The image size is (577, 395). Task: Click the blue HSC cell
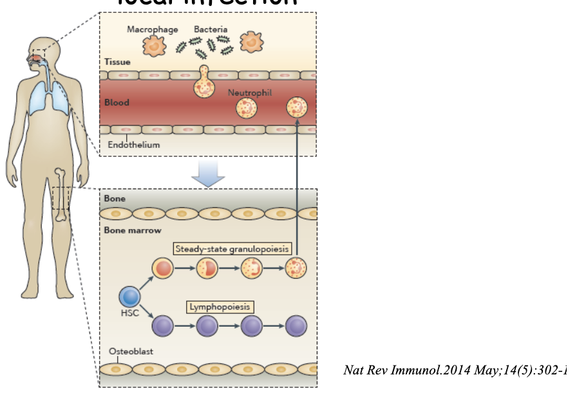pyautogui.click(x=130, y=297)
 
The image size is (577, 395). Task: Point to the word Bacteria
pyautogui.click(x=211, y=30)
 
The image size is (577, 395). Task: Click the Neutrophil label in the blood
pyautogui.click(x=250, y=93)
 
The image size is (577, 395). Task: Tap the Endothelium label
pyautogui.click(x=133, y=145)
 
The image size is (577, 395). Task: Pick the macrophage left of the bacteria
pyautogui.click(x=154, y=45)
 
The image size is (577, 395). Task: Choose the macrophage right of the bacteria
pyautogui.click(x=252, y=42)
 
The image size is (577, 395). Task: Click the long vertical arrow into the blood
pyautogui.click(x=298, y=187)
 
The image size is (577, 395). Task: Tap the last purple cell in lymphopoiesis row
pyautogui.click(x=296, y=326)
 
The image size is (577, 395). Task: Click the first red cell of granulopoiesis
pyautogui.click(x=162, y=268)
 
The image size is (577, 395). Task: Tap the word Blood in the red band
pyautogui.click(x=117, y=102)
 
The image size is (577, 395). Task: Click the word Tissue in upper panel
pyautogui.click(x=118, y=62)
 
